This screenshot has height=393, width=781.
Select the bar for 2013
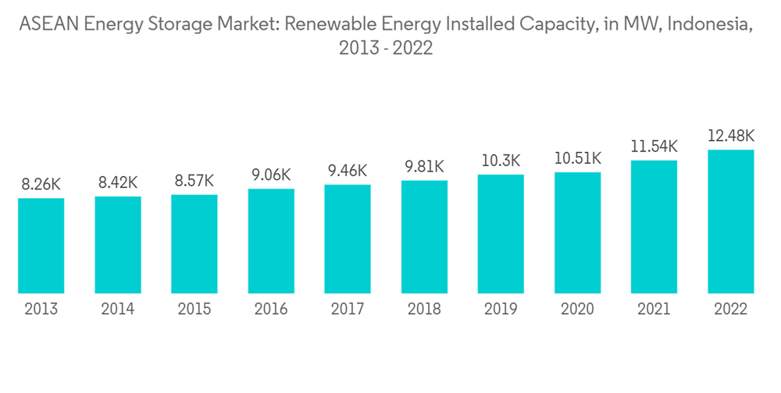pyautogui.click(x=41, y=246)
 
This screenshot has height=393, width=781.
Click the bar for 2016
pyautogui.click(x=271, y=241)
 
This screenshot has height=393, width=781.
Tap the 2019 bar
pyautogui.click(x=501, y=234)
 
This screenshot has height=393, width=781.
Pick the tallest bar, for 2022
pyautogui.click(x=730, y=221)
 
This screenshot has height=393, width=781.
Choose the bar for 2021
pyautogui.click(x=654, y=227)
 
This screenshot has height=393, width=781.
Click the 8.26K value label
pyautogui.click(x=41, y=185)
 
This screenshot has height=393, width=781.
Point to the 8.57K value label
pyautogui.click(x=194, y=181)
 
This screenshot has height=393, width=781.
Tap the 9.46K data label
pyautogui.click(x=348, y=171)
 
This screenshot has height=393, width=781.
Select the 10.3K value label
pyautogui.click(x=501, y=161)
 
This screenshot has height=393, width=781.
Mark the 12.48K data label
pyautogui.click(x=730, y=136)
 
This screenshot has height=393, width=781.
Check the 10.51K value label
pyautogui.click(x=577, y=158)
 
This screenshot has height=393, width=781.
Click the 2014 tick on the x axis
pyautogui.click(x=118, y=310)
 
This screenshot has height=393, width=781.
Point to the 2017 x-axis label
pyautogui.click(x=348, y=310)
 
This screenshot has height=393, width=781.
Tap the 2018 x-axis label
pyautogui.click(x=424, y=310)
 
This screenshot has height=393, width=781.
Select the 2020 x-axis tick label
pyautogui.click(x=577, y=310)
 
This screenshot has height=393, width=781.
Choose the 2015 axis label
pyautogui.click(x=194, y=310)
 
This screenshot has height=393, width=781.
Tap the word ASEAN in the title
pyautogui.click(x=47, y=24)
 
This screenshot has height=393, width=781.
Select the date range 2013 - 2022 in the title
pyautogui.click(x=386, y=48)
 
